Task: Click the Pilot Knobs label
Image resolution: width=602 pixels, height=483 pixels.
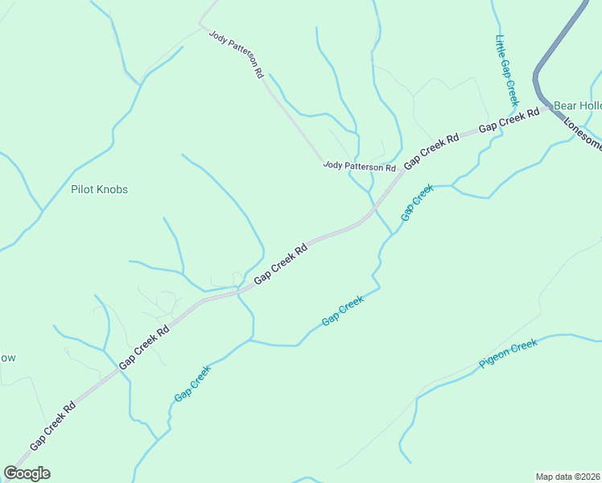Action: [x=99, y=189]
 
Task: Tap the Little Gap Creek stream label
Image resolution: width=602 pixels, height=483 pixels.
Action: [x=506, y=71]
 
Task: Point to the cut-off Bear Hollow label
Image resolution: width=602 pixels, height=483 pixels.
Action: [x=577, y=105]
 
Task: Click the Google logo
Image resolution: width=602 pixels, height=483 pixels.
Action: [x=27, y=473]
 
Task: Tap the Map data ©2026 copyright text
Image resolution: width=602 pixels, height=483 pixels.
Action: [x=567, y=477]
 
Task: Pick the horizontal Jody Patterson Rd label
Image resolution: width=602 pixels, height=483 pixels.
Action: [x=360, y=167]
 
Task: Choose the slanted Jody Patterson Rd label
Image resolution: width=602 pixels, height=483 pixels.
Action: [x=237, y=54]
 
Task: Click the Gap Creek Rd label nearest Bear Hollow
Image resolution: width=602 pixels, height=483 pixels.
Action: [x=509, y=121]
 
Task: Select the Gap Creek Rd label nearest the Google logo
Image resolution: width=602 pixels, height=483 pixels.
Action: [x=52, y=426]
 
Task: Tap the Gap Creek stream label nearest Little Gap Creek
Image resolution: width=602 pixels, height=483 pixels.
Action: [x=417, y=201]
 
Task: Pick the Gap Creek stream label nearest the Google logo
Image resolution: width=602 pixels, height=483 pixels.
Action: [x=192, y=383]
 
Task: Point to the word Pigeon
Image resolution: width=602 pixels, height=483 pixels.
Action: [x=494, y=359]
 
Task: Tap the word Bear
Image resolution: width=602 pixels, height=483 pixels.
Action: [x=566, y=105]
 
